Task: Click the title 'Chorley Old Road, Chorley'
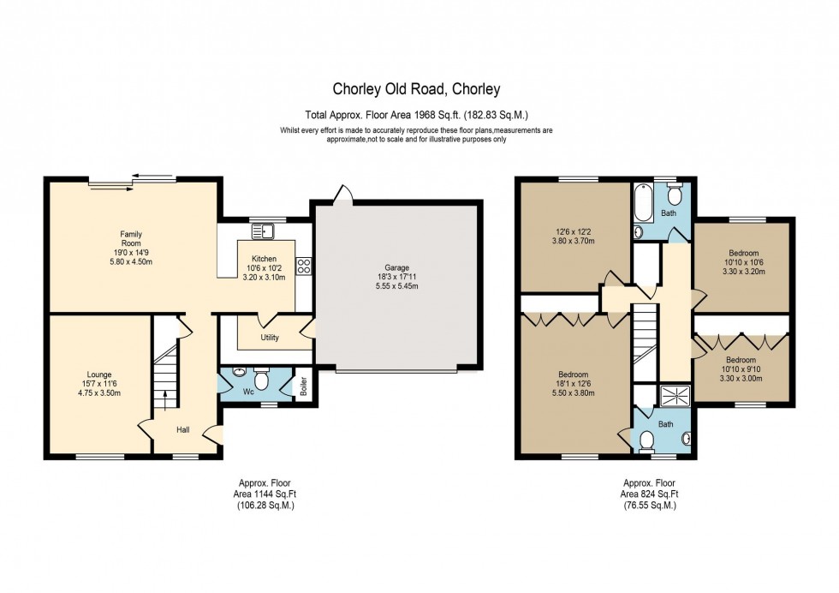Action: (x=416, y=88)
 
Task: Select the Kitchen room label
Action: (x=264, y=258)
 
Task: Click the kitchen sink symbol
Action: (x=263, y=230)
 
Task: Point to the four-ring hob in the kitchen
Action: (x=302, y=266)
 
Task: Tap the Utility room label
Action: (x=270, y=338)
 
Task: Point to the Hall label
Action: (x=183, y=429)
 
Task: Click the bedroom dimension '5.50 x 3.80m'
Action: (x=573, y=393)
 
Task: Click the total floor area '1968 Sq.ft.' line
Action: (x=422, y=114)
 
